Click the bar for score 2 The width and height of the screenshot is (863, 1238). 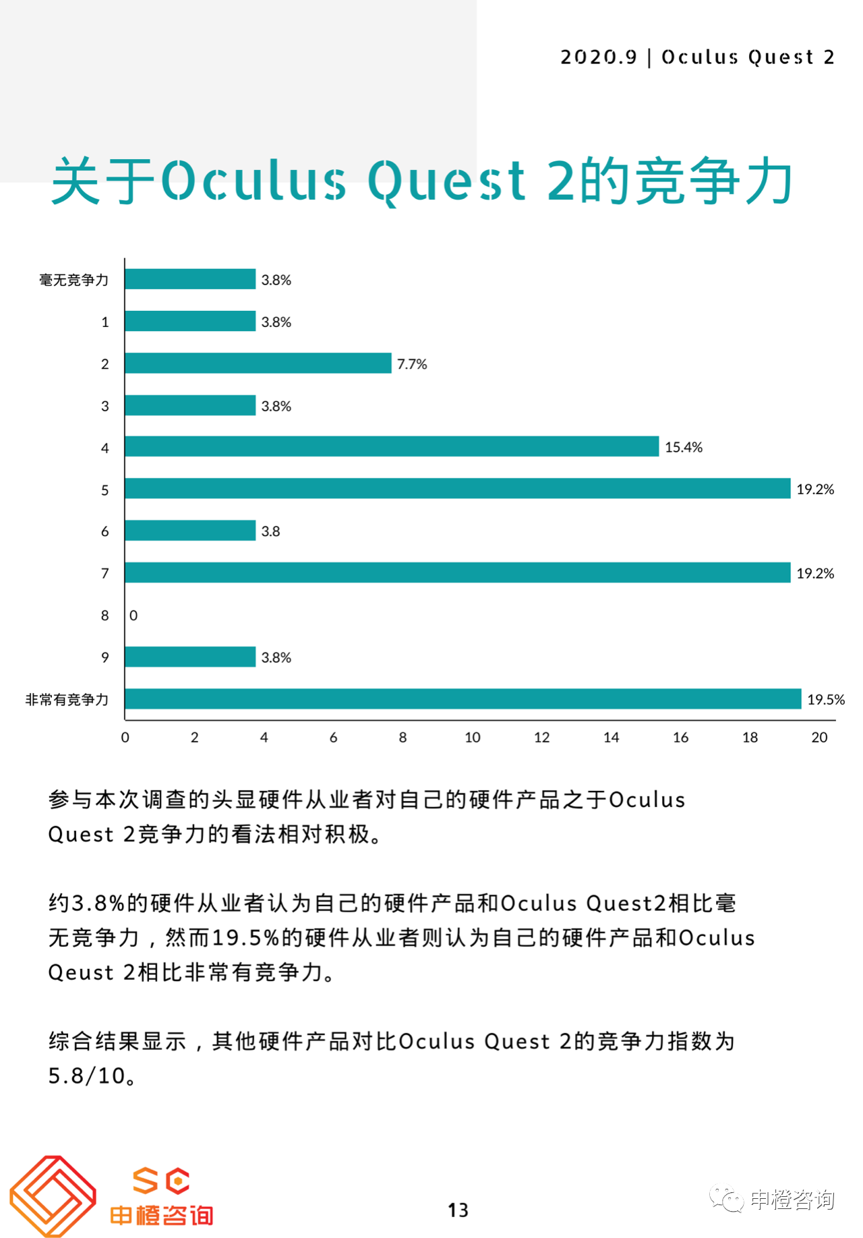click(258, 363)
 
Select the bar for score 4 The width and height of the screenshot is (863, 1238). click(391, 446)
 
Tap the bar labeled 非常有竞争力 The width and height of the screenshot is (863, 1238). click(463, 699)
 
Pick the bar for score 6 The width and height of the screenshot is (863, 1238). click(190, 531)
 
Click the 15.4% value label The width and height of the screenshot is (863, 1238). click(683, 447)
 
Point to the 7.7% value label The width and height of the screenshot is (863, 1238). click(412, 364)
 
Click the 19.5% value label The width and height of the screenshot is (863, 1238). click(825, 699)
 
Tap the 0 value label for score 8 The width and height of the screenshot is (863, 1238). click(133, 615)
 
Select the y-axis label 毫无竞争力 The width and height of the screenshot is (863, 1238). click(73, 280)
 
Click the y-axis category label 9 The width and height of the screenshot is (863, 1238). click(105, 657)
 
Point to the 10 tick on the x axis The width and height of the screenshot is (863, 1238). click(472, 737)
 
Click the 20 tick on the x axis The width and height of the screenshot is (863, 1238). click(819, 737)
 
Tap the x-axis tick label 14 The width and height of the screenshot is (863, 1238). click(611, 737)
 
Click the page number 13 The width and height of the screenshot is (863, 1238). click(458, 1210)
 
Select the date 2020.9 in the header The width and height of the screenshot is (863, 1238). click(598, 57)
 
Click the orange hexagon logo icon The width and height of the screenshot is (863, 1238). click(53, 1196)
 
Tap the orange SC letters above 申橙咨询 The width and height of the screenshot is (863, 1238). click(161, 1181)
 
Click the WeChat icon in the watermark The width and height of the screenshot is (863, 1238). click(726, 1200)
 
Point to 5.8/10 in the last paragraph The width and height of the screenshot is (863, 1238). click(86, 1075)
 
